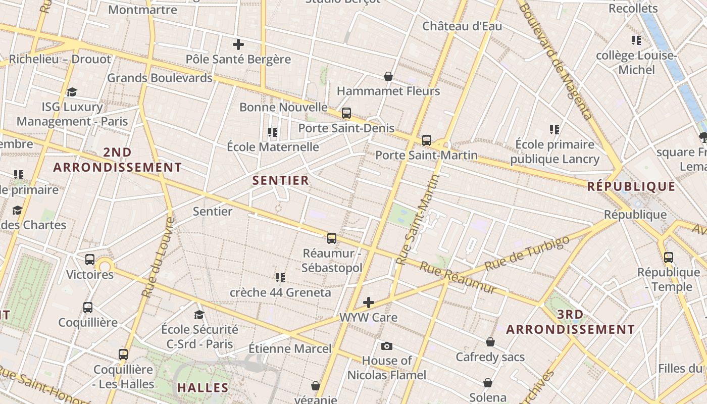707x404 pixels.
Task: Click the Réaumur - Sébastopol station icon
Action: pos(332,238)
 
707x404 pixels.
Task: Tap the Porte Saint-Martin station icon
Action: pos(427,140)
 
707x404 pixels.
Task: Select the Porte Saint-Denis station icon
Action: pos(346,113)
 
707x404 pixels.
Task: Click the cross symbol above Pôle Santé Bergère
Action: pos(238,44)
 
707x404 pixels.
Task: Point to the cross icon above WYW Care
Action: pos(369,302)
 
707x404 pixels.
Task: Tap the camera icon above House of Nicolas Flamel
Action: pos(387,346)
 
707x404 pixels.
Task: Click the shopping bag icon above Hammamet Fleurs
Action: pos(388,76)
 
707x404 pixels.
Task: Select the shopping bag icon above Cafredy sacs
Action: pos(490,342)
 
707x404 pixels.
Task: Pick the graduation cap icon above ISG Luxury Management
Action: pos(72,92)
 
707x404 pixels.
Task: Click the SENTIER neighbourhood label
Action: pos(280,180)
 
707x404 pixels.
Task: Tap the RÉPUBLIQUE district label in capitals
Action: pos(631,187)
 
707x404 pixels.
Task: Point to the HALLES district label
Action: pos(203,388)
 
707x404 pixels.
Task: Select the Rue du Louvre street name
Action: pos(158,257)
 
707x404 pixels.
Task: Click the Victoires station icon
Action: pos(90,260)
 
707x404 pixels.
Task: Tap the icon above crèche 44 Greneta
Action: pos(280,277)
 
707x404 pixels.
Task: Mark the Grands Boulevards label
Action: pos(160,78)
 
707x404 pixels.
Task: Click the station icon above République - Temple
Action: pos(669,257)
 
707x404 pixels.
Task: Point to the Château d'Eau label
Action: pos(462,26)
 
